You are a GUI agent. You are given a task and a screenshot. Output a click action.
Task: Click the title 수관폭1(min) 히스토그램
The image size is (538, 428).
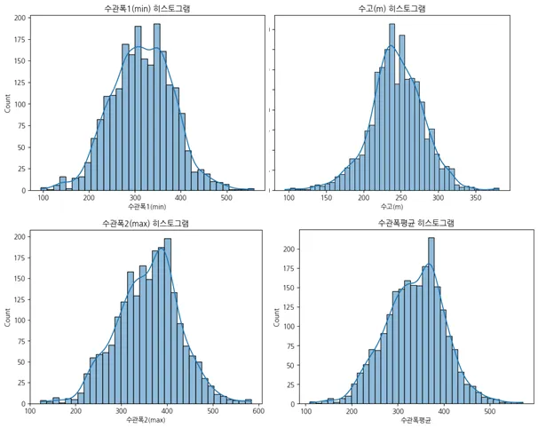coord(148,9)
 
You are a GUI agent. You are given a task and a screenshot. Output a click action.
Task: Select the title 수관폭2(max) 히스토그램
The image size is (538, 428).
coord(148,222)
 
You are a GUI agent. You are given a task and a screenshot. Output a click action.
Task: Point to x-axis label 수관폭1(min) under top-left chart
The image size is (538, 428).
coord(148,208)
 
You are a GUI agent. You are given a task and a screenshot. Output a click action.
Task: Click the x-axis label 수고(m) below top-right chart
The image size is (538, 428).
coord(392,208)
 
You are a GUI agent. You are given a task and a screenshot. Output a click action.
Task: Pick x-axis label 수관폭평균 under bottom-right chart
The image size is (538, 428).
coord(407,418)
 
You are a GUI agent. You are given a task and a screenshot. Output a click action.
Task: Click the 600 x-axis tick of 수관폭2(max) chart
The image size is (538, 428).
coord(258,411)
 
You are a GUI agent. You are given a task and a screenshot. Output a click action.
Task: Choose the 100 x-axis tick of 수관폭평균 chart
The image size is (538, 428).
coord(307,411)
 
